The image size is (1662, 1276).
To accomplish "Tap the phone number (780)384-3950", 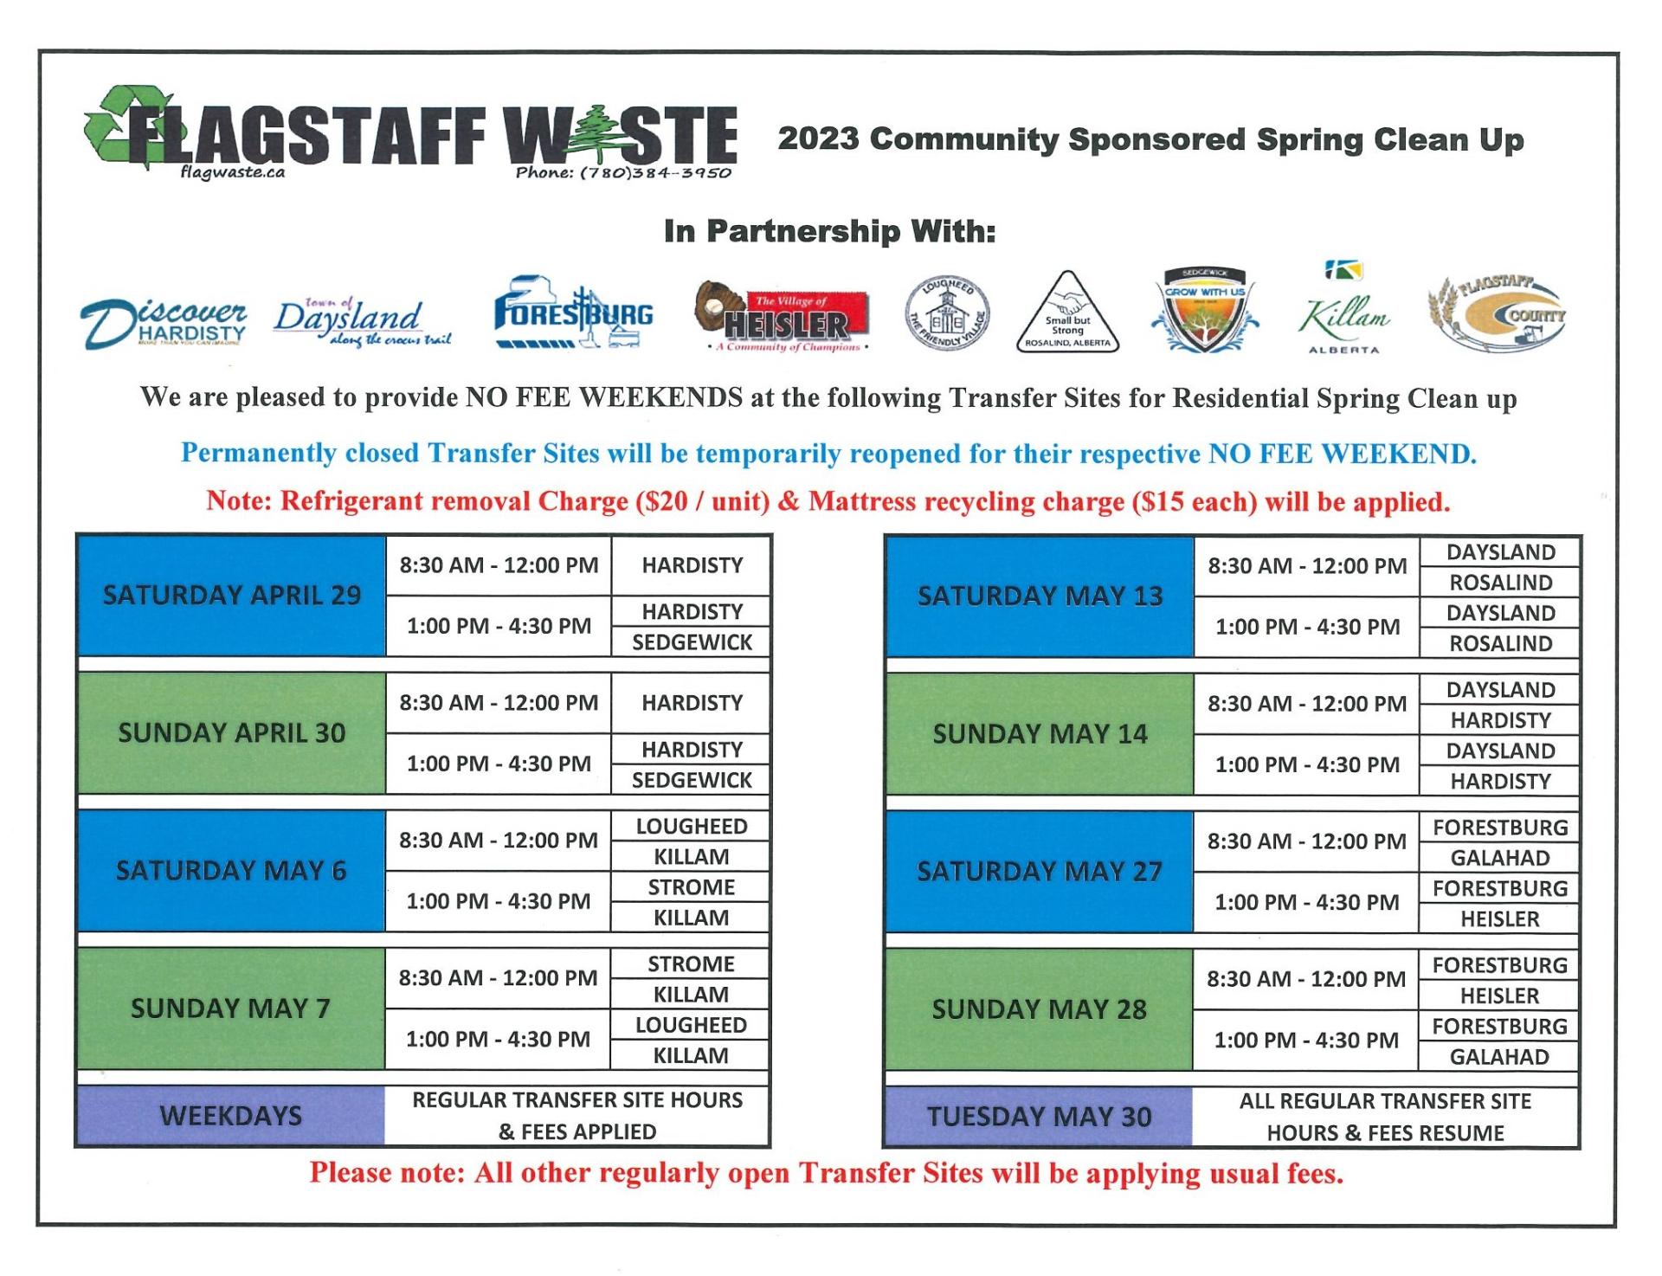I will coord(623,172).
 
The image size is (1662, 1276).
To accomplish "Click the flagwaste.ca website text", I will coord(232,171).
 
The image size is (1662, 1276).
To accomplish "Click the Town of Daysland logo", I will coord(362,320).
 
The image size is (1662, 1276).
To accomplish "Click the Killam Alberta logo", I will coord(1343,312).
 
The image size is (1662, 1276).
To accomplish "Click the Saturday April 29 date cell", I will coord(232,596).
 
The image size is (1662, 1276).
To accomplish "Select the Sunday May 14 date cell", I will coord(1040,734).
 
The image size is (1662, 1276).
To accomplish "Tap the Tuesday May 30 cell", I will coord(1039,1117).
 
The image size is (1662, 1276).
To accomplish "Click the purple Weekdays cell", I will coord(231,1115).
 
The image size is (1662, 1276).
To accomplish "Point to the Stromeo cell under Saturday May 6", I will coord(691,887).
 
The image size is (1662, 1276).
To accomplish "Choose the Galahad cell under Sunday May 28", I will coord(1499,1057).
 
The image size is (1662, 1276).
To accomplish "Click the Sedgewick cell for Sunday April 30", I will coord(691,780).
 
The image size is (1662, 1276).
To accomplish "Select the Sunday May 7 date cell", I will coord(231,1009).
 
